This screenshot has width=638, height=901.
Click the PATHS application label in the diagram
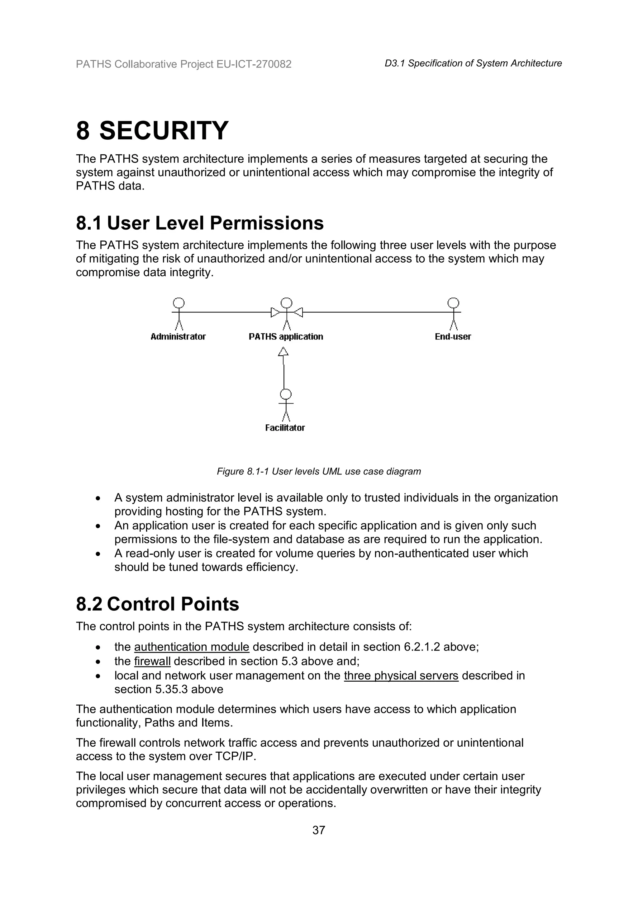[x=286, y=337]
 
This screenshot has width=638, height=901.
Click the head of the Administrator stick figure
[x=179, y=303]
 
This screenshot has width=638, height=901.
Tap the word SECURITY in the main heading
[x=164, y=131]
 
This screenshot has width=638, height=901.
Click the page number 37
[x=319, y=830]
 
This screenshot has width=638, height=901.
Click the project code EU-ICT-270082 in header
[x=254, y=64]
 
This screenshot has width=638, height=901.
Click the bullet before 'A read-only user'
[x=98, y=554]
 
